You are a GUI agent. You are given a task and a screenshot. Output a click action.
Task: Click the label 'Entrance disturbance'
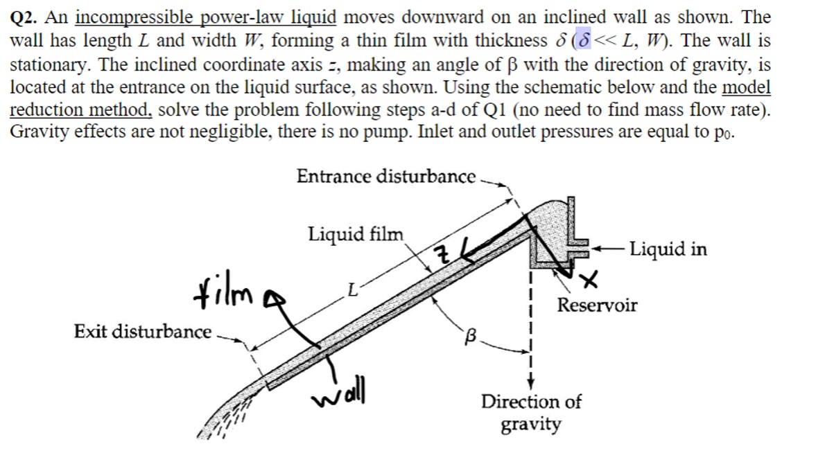tap(385, 177)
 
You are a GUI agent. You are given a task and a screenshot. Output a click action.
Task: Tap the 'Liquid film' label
tap(355, 233)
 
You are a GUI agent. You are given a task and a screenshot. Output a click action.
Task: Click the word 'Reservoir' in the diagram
tap(597, 305)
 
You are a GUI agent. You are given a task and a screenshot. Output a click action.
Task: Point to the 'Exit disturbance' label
tap(142, 332)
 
